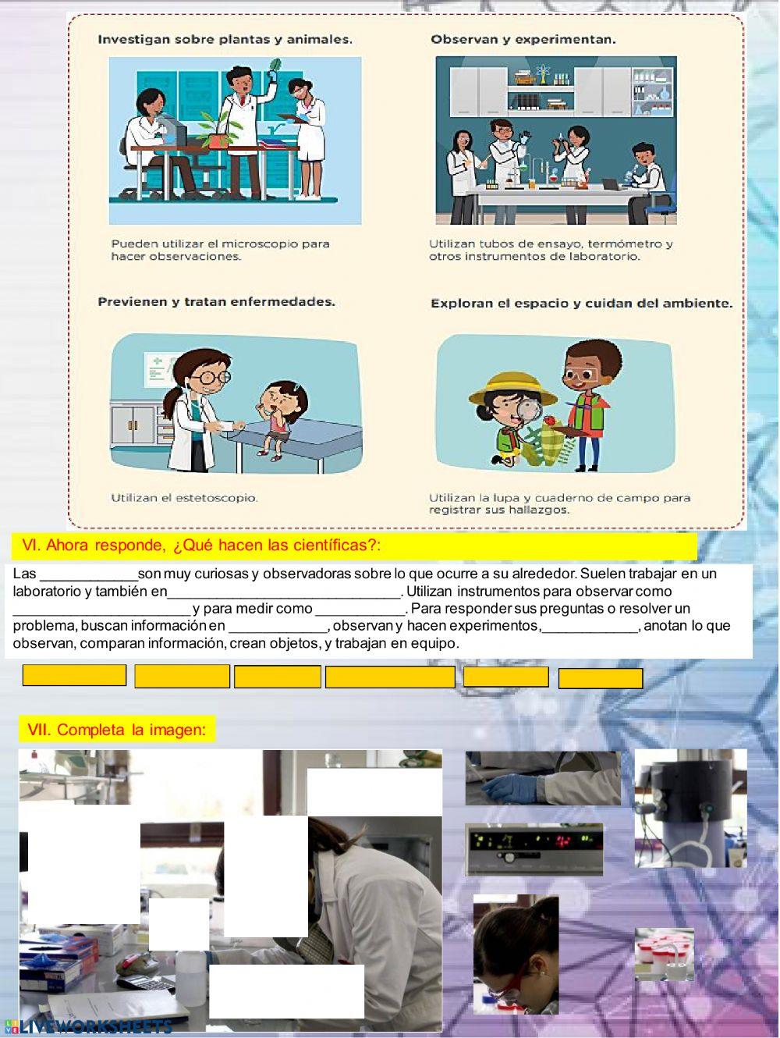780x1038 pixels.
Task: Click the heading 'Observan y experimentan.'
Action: (x=523, y=39)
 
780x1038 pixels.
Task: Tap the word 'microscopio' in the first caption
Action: (x=260, y=244)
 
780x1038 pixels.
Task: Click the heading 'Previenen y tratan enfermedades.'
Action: (x=216, y=302)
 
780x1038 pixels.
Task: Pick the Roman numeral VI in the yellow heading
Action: (x=31, y=546)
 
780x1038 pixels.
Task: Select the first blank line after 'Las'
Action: (x=89, y=579)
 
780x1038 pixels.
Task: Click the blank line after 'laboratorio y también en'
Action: (x=284, y=597)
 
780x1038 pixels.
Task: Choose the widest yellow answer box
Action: (x=390, y=677)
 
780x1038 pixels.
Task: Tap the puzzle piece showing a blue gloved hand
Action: (x=543, y=778)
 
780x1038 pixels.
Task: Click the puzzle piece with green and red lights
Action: (x=534, y=849)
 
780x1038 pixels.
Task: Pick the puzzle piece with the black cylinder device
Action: (x=690, y=809)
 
